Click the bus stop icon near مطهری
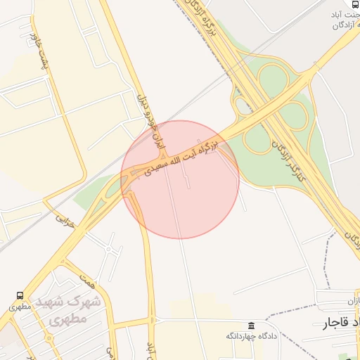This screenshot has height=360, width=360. [20, 296]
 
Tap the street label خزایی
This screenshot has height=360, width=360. [65, 219]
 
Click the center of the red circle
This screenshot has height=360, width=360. [180, 179]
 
